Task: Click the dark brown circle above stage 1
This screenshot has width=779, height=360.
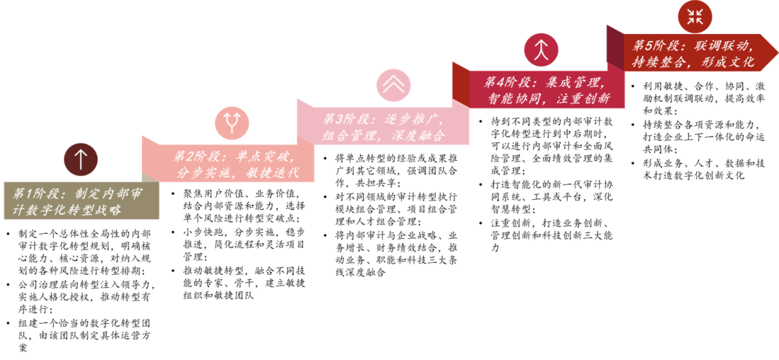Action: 80,159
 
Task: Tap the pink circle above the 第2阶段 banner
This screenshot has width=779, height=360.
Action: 232,123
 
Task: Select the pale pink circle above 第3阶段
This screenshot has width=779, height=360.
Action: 393,85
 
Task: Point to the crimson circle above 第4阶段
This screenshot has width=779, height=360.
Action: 541,50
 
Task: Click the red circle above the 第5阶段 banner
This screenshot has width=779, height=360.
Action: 695,17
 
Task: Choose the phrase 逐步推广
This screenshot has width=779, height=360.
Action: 414,119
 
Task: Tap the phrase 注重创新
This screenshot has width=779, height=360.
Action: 583,99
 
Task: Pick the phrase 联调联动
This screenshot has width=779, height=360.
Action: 725,45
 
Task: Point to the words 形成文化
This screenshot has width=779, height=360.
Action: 728,62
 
